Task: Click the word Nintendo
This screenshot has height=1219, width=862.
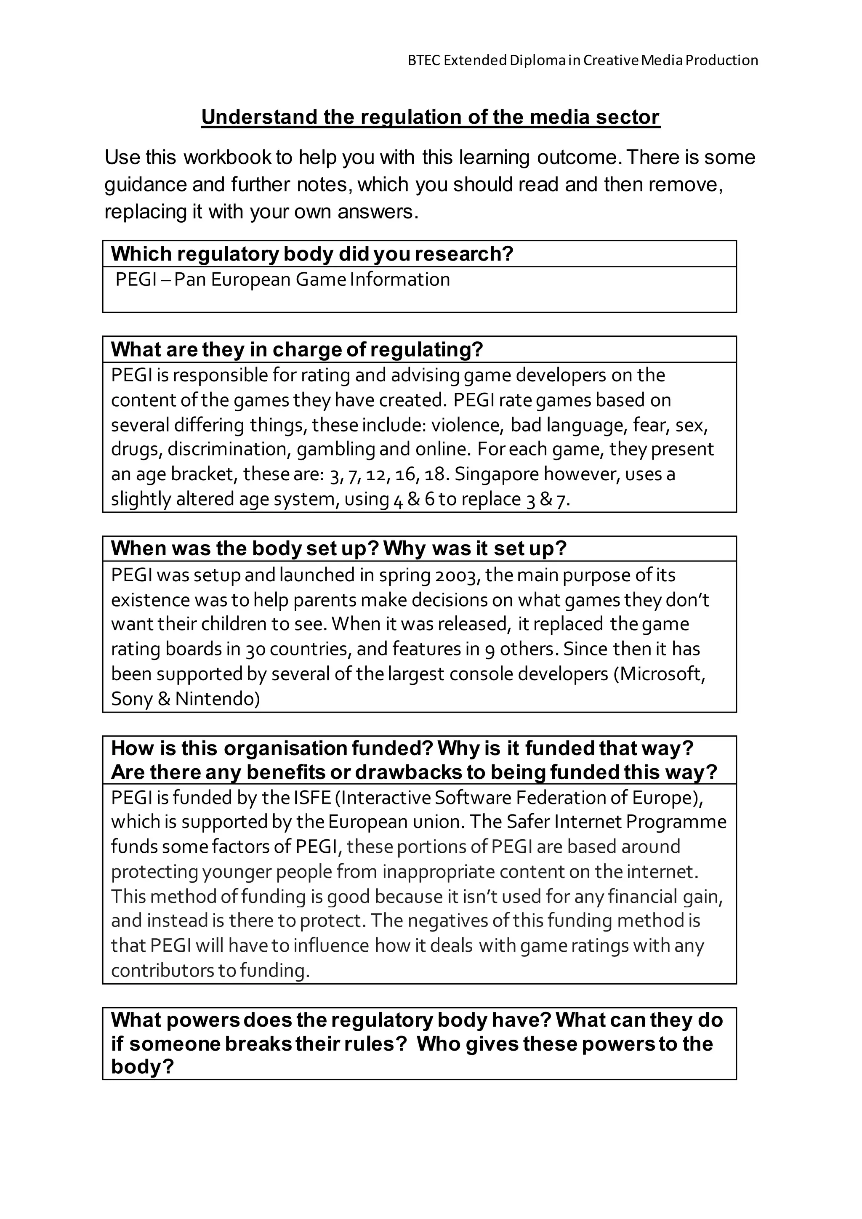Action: point(218,699)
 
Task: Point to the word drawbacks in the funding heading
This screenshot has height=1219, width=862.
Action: point(408,772)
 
